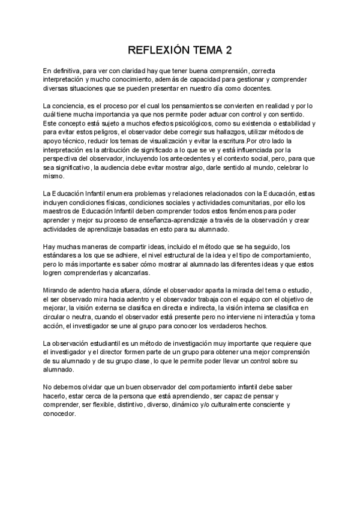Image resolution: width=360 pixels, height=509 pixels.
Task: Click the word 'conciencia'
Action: click(70, 106)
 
